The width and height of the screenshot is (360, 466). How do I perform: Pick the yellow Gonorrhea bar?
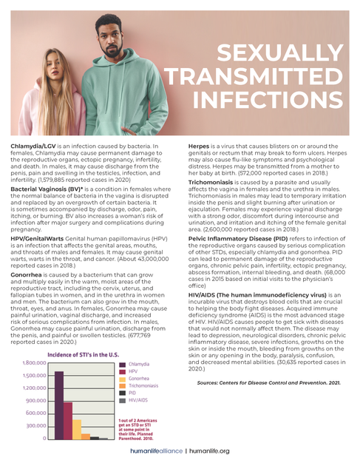[78, 430]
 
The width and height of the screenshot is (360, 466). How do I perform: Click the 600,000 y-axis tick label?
[35, 412]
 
